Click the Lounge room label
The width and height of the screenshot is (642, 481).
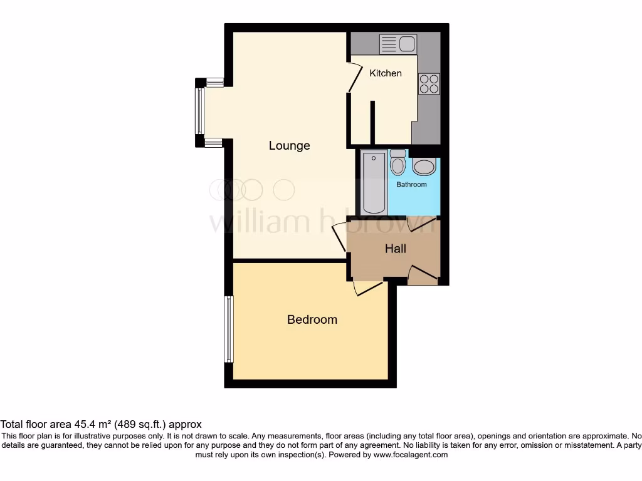[x=289, y=145]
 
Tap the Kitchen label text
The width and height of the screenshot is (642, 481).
[x=385, y=73]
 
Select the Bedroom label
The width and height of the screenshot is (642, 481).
[x=312, y=319]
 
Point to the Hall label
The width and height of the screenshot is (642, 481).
[x=395, y=249]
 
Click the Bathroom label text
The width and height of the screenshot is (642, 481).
[x=411, y=184]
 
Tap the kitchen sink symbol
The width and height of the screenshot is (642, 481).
[x=397, y=44]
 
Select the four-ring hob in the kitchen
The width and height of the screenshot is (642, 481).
[x=429, y=84]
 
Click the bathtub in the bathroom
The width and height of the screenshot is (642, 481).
[x=373, y=182]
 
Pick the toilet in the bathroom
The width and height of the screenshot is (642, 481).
[x=397, y=164]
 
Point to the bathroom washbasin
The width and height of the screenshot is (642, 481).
[x=424, y=167]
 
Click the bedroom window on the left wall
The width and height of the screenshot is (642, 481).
[x=229, y=329]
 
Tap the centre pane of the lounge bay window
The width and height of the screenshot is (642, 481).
[x=199, y=111]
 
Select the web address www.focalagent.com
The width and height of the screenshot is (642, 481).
[x=410, y=455]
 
